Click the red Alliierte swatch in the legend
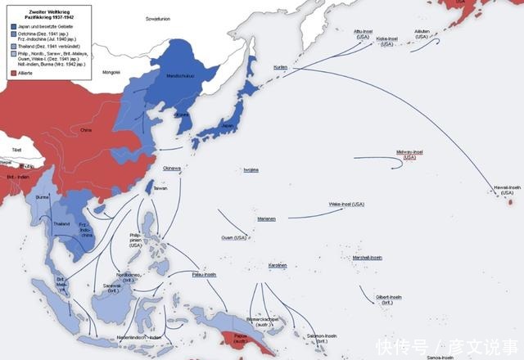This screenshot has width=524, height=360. click(14, 73)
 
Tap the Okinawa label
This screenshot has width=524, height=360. click(171, 168)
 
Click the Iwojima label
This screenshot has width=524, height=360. click(251, 169)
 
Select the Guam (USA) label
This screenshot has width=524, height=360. click(234, 237)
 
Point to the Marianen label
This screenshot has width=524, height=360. click(265, 218)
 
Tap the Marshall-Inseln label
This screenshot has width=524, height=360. click(367, 257)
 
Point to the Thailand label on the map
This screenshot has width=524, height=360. click(61, 223)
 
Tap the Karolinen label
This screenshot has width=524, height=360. click(278, 265)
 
